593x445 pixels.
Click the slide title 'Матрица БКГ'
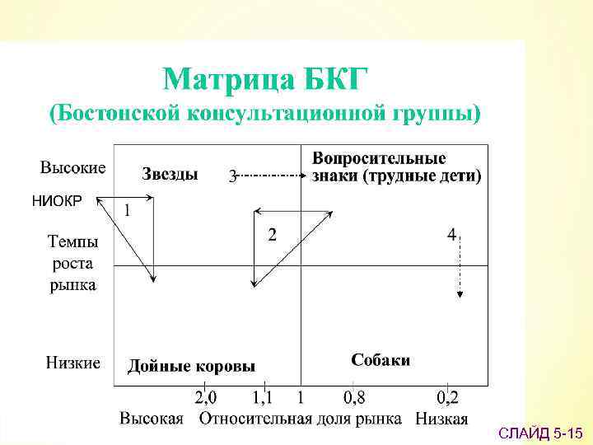pyautogui.click(x=266, y=80)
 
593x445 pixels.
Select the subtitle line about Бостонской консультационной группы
pyautogui.click(x=265, y=114)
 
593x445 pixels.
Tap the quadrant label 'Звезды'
pyautogui.click(x=170, y=174)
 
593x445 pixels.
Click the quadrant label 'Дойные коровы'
pyautogui.click(x=191, y=366)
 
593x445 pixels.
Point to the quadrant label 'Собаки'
pyautogui.click(x=381, y=360)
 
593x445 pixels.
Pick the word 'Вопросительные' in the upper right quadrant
pyautogui.click(x=379, y=158)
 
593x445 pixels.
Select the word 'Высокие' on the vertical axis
pyautogui.click(x=72, y=168)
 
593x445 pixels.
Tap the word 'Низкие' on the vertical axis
pyautogui.click(x=72, y=363)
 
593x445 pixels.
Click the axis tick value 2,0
pyautogui.click(x=206, y=398)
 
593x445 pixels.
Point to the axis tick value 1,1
pyautogui.click(x=264, y=398)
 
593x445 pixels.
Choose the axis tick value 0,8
pyautogui.click(x=354, y=398)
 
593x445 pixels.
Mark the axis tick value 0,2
pyautogui.click(x=448, y=398)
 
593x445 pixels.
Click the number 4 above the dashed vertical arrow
pyautogui.click(x=451, y=235)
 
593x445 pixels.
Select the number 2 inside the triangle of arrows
pyautogui.click(x=272, y=234)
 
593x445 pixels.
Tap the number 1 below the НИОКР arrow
pyautogui.click(x=127, y=210)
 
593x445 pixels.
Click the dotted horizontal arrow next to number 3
pyautogui.click(x=272, y=176)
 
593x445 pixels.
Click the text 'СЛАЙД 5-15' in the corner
pyautogui.click(x=541, y=432)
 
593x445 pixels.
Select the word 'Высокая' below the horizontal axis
pyautogui.click(x=152, y=419)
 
